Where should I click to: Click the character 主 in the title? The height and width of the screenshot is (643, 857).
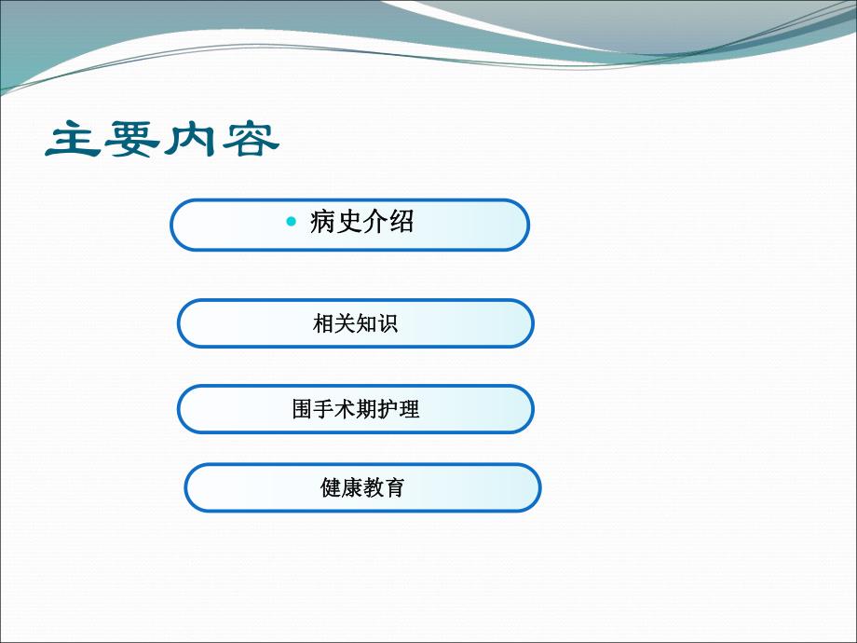74,140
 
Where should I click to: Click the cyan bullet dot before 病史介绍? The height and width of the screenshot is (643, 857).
292,222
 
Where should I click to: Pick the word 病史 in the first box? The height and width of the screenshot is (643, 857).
335,222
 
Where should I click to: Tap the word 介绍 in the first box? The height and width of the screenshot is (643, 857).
388,222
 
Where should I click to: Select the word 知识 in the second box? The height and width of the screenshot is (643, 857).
377,324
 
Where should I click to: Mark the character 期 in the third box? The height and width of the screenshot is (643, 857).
366,409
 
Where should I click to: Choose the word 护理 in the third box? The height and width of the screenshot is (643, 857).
399,409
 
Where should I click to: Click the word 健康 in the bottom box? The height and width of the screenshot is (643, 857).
341,487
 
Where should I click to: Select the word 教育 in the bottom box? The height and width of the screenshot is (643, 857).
384,487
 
